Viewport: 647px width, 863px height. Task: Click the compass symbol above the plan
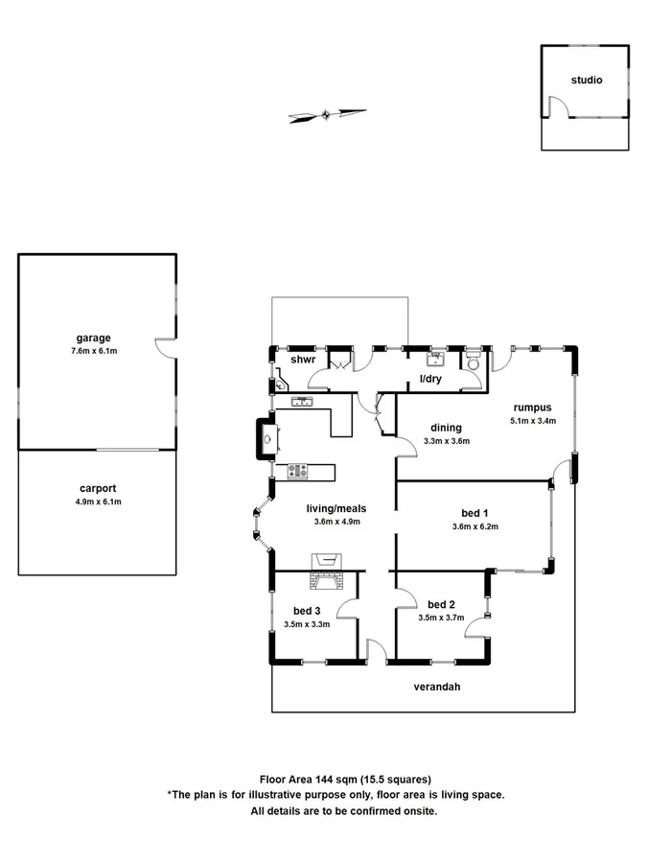[327, 116]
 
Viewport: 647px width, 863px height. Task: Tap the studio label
[586, 81]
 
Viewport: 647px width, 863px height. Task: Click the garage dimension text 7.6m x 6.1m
[94, 351]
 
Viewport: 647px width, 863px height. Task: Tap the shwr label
[304, 360]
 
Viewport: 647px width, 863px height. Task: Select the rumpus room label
[529, 406]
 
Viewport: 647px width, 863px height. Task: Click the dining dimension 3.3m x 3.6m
[446, 442]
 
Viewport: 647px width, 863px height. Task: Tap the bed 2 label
[441, 604]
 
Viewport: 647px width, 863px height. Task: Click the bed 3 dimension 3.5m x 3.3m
[307, 624]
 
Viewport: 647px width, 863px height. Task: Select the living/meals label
[336, 508]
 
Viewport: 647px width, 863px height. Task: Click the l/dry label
[429, 380]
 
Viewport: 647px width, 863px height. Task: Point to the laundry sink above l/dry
[436, 360]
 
